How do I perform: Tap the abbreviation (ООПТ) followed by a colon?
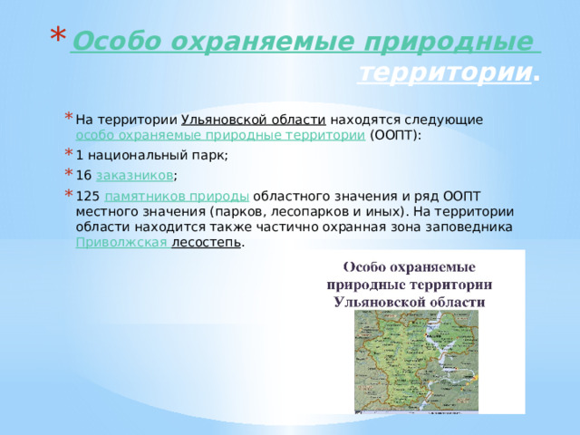click(x=395, y=136)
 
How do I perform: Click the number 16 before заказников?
click(x=83, y=175)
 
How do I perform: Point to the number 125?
click(x=88, y=195)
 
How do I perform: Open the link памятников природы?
click(x=178, y=195)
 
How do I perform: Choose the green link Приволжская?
click(x=121, y=243)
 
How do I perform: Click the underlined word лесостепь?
click(x=207, y=243)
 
